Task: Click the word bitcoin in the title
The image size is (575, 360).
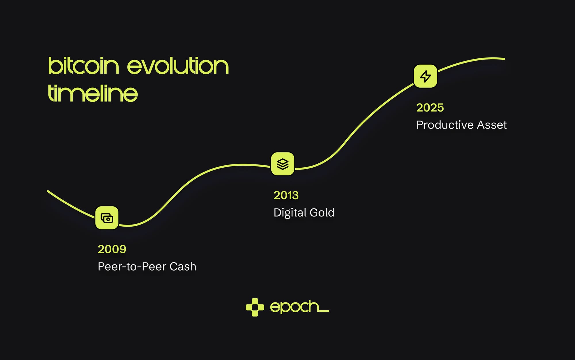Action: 83,66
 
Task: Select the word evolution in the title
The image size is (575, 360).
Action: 178,66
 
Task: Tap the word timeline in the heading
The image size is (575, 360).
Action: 93,93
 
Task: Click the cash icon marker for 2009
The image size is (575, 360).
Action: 107,218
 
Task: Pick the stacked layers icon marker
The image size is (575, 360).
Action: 283,164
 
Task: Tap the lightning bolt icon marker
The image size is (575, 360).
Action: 425,76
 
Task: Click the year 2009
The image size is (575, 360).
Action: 112,249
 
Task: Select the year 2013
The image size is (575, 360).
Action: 286,195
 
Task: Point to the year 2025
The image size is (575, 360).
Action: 430,108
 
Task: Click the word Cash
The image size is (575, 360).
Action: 183,267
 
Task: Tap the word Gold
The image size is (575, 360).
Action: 322,212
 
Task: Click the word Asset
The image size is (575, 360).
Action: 492,125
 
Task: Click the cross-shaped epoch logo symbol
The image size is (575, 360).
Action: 255,307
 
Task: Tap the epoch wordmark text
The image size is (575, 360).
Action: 295,307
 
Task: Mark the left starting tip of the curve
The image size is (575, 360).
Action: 48,191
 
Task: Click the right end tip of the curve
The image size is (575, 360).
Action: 504,59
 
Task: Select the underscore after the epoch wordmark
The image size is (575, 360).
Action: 324,311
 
